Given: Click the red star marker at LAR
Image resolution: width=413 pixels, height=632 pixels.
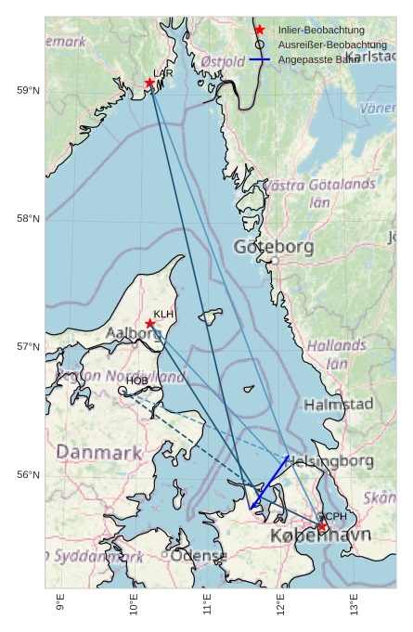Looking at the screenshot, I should (150, 83).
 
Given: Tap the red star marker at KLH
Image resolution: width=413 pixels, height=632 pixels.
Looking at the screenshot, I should (150, 324).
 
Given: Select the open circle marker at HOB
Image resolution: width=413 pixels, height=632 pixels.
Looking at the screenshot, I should (123, 391).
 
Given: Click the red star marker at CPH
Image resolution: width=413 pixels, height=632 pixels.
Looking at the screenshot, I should (322, 526).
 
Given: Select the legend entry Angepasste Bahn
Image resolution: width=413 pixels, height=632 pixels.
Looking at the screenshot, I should (319, 59).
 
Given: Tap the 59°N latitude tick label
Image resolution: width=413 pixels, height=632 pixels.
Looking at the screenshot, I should (28, 90).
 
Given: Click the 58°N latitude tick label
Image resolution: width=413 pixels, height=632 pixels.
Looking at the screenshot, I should (28, 219).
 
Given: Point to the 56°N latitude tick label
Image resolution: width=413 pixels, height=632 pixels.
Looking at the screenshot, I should (28, 475).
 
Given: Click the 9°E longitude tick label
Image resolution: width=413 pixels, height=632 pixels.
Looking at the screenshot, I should (60, 604).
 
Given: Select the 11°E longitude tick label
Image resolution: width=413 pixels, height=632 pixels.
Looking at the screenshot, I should (207, 604).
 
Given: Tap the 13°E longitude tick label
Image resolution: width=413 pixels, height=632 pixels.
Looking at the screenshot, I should (354, 604).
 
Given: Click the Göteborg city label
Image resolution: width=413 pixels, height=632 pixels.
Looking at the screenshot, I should (274, 248).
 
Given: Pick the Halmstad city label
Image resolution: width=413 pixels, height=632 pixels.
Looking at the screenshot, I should (338, 405).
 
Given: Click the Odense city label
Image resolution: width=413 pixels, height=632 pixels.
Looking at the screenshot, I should (199, 556).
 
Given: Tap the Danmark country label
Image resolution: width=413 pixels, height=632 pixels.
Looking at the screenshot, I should (99, 453).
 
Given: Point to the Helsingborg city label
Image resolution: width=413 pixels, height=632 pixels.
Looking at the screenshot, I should (329, 461).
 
